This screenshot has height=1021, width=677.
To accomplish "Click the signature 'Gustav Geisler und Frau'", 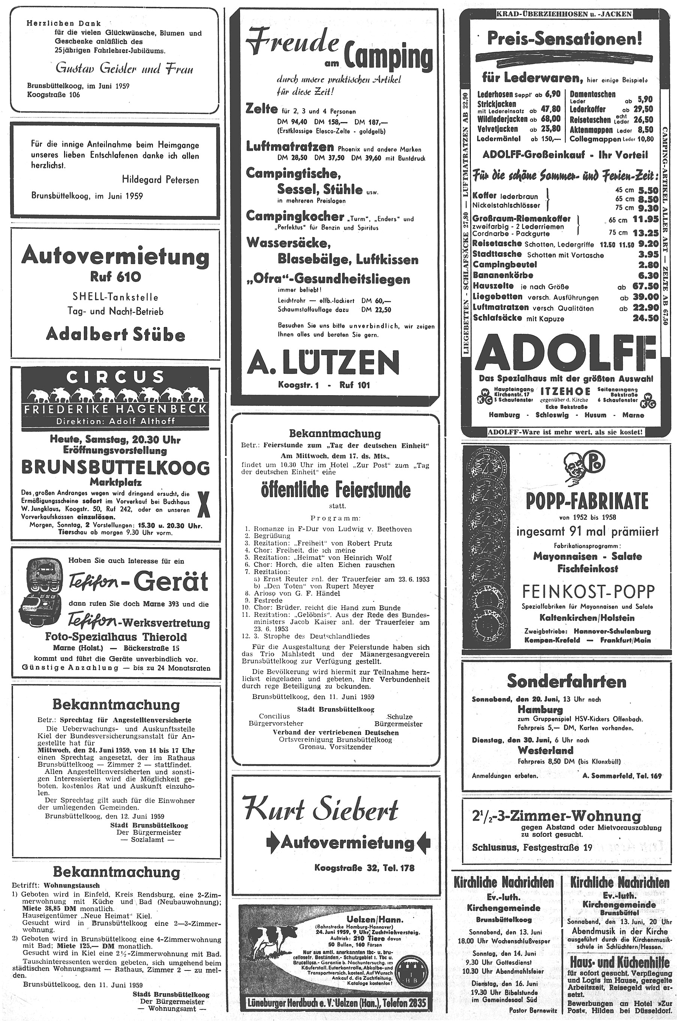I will (x=124, y=69).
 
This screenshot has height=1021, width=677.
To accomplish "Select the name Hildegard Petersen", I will (x=160, y=179).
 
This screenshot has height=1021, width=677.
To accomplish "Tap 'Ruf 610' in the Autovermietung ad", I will (x=116, y=276).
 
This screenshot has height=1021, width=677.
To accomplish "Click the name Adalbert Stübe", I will (x=116, y=334).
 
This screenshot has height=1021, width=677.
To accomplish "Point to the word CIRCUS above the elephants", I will (x=115, y=377).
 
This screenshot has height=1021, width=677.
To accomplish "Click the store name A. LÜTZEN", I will (x=323, y=362).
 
